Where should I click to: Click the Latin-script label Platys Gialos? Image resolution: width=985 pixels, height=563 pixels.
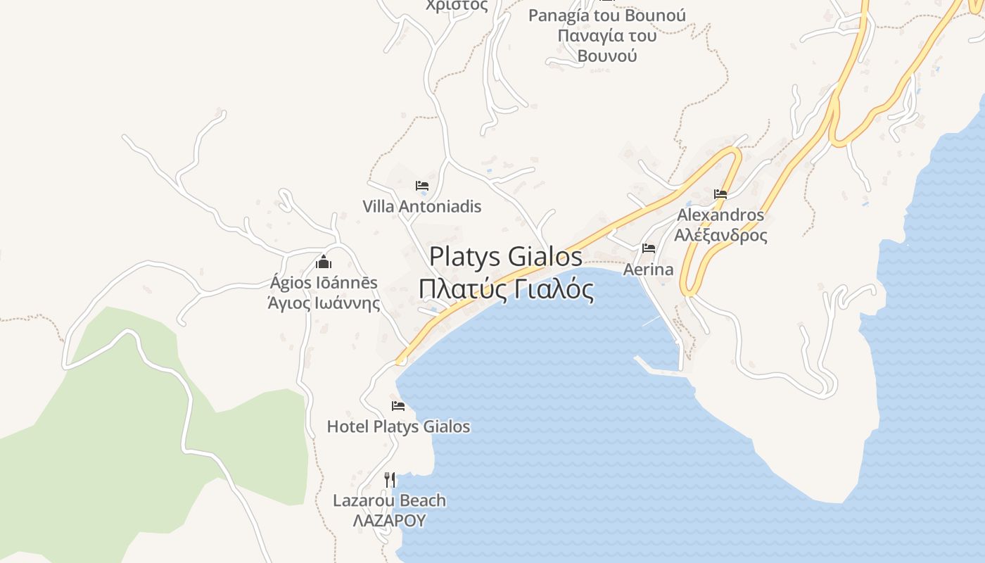505,256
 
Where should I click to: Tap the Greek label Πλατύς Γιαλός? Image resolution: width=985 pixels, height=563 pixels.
505,289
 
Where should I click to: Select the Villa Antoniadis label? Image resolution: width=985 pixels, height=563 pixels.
421,206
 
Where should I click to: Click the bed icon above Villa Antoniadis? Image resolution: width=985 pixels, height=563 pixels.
422,186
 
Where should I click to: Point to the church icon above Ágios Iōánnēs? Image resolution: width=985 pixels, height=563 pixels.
324,262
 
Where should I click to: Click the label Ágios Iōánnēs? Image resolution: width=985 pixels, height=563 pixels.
324,283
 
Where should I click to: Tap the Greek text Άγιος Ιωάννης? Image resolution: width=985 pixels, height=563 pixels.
324,303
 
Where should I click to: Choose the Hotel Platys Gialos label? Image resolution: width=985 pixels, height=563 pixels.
398,426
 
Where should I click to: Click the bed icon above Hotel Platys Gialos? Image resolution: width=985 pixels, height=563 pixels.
398,406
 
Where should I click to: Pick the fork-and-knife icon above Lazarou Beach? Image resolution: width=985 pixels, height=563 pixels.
390,480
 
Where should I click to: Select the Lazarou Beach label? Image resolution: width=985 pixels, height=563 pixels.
389,501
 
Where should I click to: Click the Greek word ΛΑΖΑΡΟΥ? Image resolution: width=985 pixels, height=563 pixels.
389,521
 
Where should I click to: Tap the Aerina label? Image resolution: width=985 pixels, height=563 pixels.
648,270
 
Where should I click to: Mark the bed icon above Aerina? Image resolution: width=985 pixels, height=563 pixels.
649,248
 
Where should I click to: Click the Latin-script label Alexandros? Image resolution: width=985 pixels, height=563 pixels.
720,215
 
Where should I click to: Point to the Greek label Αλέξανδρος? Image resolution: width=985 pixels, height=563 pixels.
720,235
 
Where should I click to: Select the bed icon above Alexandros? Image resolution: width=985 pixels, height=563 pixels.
720,194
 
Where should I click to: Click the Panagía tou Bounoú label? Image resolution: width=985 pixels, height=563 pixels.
606,15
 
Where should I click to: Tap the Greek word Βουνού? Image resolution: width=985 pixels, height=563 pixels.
606,56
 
